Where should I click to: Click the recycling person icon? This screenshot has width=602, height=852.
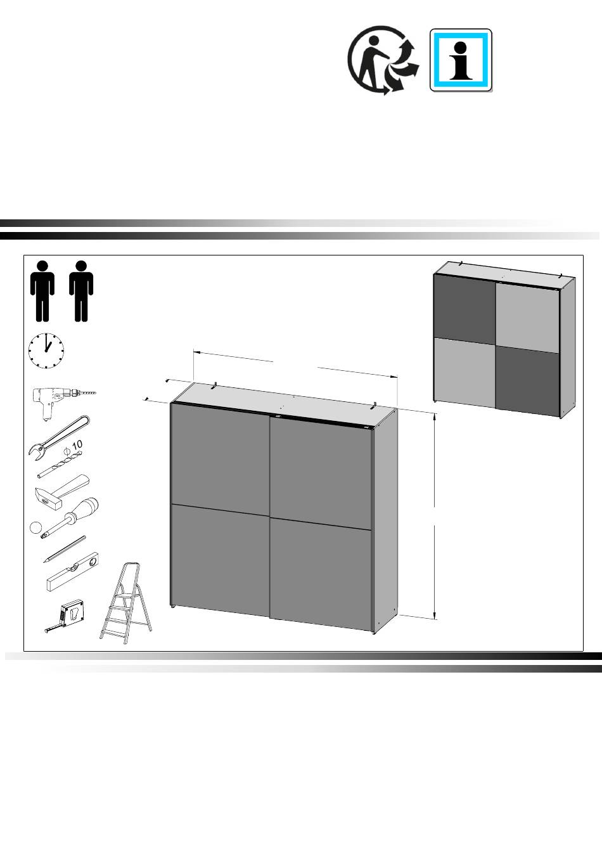point(383,60)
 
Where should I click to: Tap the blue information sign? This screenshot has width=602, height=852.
point(461,60)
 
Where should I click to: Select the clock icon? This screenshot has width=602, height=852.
point(46,351)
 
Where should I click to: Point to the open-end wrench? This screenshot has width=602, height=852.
point(59,438)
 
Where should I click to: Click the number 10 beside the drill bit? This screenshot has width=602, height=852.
point(77,444)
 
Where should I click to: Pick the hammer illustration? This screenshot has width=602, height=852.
point(63,493)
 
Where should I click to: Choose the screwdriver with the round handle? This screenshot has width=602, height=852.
point(70,518)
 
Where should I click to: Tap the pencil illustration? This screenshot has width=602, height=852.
point(64,549)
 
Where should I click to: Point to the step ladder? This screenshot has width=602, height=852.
point(126,603)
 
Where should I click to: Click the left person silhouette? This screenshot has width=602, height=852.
point(42,291)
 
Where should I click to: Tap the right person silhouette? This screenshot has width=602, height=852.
point(81,291)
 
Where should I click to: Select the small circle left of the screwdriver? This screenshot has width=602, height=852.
point(35,527)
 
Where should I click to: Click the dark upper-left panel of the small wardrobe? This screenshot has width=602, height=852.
point(464,309)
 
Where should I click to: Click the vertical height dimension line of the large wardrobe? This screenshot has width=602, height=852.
point(435,517)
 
